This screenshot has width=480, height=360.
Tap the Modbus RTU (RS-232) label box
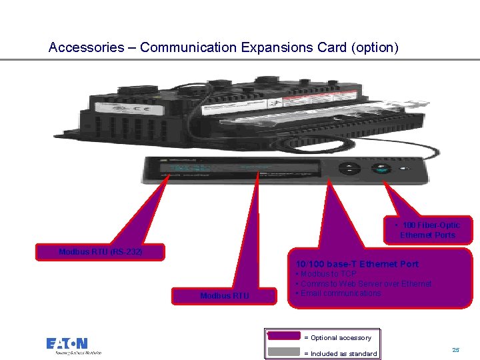[x=100, y=252]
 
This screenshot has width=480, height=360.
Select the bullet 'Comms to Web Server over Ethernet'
[x=365, y=284]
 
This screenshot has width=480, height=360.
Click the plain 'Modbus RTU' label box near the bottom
[x=224, y=295]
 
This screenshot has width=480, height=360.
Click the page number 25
[x=456, y=349]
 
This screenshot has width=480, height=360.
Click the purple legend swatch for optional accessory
[x=283, y=337]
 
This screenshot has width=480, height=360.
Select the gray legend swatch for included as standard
[x=283, y=352]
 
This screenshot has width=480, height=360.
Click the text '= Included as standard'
[x=340, y=353]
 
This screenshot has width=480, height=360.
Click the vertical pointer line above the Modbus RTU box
[x=254, y=233]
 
